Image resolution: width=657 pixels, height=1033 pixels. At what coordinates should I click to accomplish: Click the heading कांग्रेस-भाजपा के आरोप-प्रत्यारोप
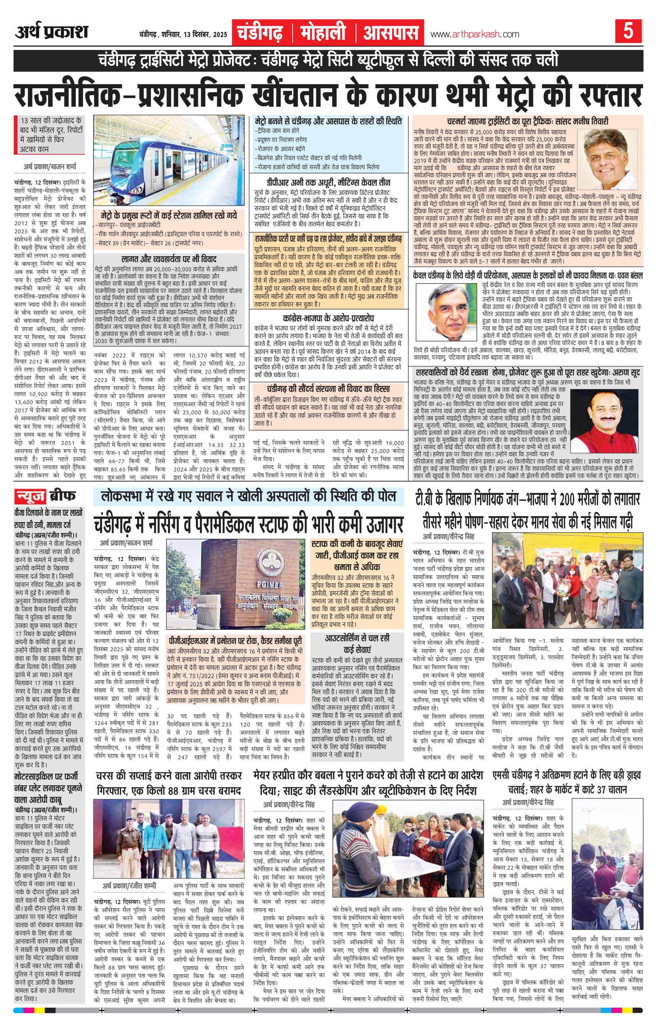[328, 319]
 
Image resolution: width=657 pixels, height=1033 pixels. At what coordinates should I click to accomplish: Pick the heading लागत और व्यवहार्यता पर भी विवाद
[169, 259]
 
